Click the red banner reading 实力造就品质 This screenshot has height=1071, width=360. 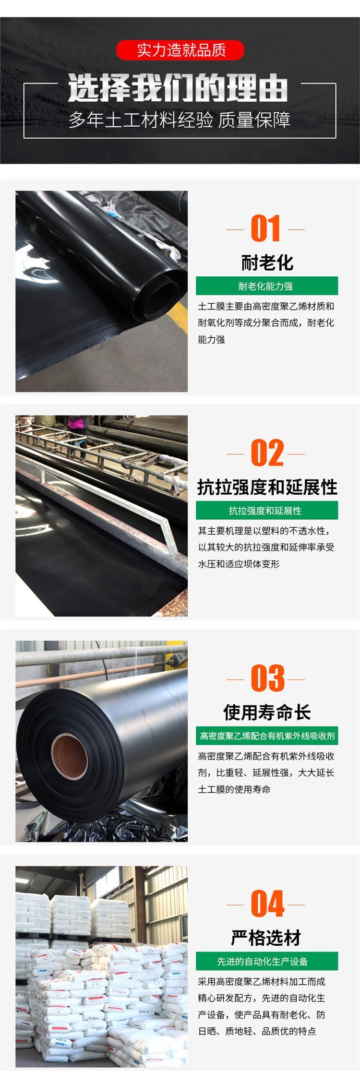(180, 50)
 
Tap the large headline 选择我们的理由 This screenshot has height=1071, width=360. (178, 88)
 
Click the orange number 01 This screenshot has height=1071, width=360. (265, 229)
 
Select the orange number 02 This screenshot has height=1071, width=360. (267, 453)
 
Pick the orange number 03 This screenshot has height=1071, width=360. (267, 678)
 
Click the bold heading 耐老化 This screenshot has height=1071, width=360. (267, 262)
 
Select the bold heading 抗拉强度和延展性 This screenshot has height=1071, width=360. (267, 488)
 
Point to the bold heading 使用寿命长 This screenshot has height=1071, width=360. (267, 713)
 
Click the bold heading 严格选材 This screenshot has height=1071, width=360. (266, 938)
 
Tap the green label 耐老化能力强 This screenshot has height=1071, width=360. (267, 286)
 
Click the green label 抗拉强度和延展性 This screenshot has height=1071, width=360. (267, 511)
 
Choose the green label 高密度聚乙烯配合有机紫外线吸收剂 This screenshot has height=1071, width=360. (267, 736)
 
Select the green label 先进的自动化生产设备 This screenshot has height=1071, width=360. (267, 961)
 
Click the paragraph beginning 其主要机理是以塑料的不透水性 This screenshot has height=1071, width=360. (266, 547)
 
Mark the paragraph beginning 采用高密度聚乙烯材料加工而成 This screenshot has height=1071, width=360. (262, 1006)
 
